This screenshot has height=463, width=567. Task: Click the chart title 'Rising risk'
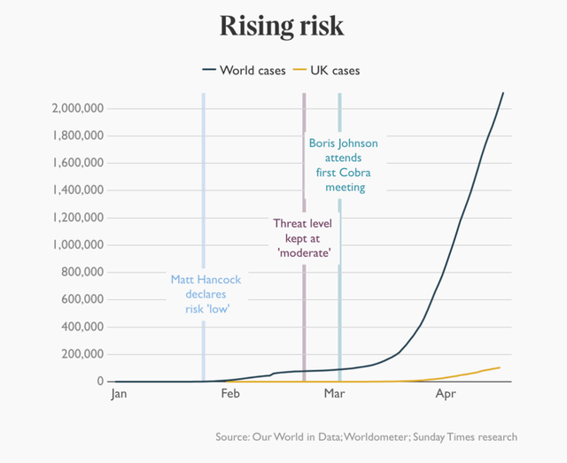pos(282,26)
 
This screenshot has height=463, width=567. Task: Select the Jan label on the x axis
pos(120,396)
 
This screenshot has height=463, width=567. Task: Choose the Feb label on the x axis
pos(230,396)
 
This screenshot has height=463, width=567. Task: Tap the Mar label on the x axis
pos(333,396)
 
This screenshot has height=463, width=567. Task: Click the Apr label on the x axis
pos(446,396)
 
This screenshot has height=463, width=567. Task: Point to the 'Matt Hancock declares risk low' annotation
pos(206,294)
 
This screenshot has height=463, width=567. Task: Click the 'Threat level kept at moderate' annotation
pos(303,238)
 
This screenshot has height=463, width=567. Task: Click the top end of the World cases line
pos(503,93)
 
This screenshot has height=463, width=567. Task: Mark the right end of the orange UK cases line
pos(500,367)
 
